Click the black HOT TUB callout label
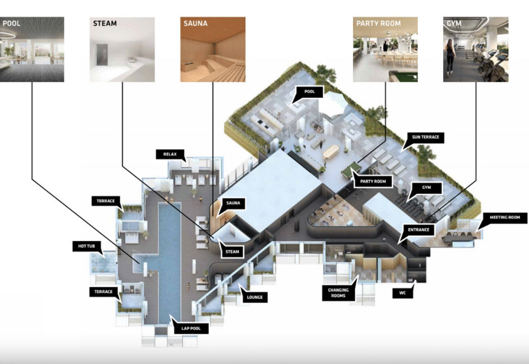[87, 247]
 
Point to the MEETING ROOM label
[508, 217]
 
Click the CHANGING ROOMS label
[338, 293]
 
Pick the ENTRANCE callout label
[418, 229]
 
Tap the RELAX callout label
[170, 154]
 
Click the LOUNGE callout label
[255, 297]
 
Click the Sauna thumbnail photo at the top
[213, 49]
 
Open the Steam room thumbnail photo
[122, 49]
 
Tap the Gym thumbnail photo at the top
[476, 49]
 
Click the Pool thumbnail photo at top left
[32, 49]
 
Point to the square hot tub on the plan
[102, 262]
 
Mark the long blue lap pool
[169, 256]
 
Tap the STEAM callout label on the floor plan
[233, 251]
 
